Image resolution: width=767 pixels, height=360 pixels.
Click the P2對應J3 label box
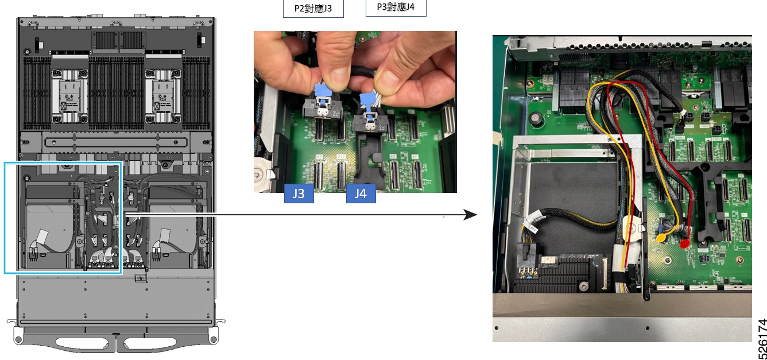[313, 8]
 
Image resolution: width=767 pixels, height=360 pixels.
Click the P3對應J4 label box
[396, 7]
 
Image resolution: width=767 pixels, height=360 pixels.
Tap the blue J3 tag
[299, 193]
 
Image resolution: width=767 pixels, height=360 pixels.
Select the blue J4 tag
[361, 193]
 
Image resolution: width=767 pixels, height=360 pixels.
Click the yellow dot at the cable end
[661, 238]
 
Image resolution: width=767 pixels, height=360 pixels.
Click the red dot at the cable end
[684, 244]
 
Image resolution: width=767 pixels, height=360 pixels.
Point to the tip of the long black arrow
[477, 215]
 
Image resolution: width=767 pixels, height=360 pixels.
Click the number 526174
[762, 339]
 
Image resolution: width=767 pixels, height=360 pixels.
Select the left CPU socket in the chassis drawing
[69, 96]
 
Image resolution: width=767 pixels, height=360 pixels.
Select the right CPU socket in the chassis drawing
[163, 96]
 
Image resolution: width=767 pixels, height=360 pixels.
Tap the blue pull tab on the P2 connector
[323, 91]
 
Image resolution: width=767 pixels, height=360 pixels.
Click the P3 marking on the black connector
[381, 127]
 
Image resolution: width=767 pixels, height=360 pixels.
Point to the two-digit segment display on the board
[548, 79]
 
